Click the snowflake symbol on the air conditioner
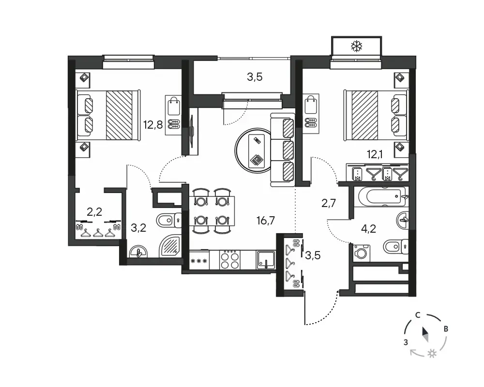(x=357, y=46)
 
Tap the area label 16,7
(x=265, y=221)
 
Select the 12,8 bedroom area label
(x=153, y=125)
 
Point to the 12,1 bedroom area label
(x=375, y=154)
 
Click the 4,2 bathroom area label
(x=368, y=229)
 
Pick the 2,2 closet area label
(x=94, y=212)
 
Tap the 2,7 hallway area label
(x=329, y=203)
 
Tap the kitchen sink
(x=265, y=260)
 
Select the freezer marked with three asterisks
(x=199, y=261)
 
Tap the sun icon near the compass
(x=432, y=354)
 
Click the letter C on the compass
(x=418, y=315)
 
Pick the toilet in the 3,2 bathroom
(x=169, y=221)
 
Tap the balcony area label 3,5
(x=255, y=77)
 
